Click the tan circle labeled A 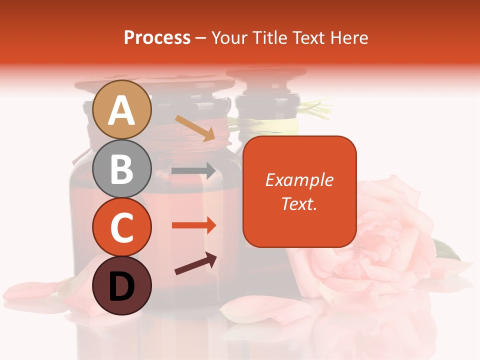pos(122,110)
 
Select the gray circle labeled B pos(122,169)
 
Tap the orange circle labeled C pos(122,227)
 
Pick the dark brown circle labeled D pos(122,286)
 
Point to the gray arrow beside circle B pos(193,170)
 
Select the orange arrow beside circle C pos(193,225)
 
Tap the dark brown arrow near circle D pos(196,263)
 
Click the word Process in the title pos(157,38)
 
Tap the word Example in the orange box pos(299,180)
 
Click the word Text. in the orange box pos(299,203)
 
